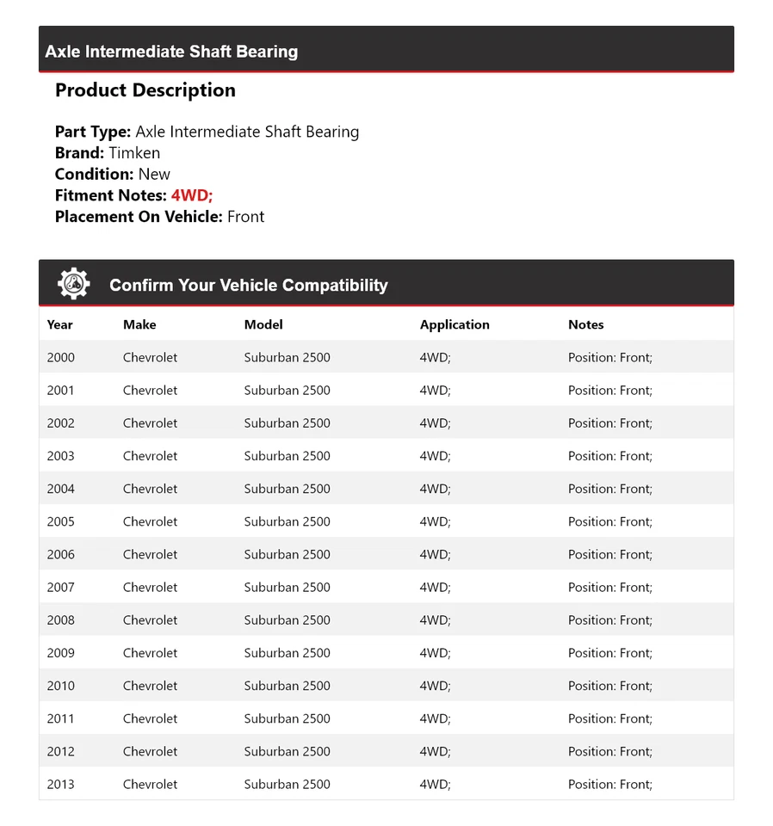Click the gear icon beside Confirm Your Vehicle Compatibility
click(74, 284)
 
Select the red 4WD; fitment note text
click(191, 195)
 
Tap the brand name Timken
click(134, 153)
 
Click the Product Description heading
click(145, 90)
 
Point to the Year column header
click(59, 324)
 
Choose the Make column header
click(139, 324)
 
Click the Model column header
click(263, 324)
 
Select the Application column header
click(455, 324)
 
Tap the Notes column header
click(585, 324)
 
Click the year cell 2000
click(60, 357)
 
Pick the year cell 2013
click(60, 784)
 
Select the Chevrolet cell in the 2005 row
click(150, 521)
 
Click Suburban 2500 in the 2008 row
click(287, 619)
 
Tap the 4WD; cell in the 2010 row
click(435, 686)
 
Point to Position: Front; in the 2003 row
click(609, 456)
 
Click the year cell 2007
click(60, 587)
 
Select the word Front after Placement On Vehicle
click(245, 217)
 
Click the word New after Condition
click(154, 174)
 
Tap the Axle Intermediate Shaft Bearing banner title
click(171, 52)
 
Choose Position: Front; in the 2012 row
click(609, 751)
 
